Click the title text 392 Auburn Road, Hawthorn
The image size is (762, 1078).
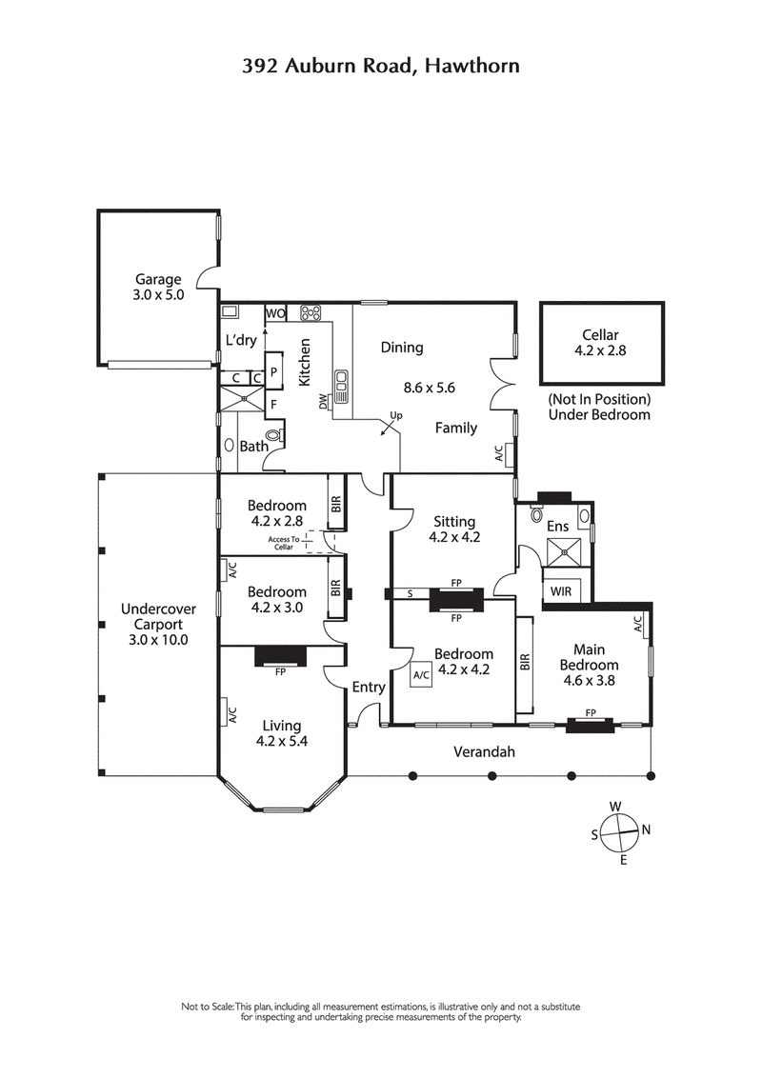point(380,65)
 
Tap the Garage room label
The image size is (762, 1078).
point(158,279)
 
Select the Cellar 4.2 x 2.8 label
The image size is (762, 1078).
point(600,342)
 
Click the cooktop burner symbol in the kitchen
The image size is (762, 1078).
point(311,312)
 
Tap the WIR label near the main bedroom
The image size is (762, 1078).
point(561,590)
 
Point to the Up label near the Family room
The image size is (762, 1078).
point(397,416)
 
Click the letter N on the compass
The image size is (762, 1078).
point(646,829)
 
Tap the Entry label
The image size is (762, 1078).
point(369,687)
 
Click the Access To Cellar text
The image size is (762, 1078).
point(284,543)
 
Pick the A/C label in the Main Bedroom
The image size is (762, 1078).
point(637,624)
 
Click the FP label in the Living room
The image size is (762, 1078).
point(280,670)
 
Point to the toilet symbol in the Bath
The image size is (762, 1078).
point(275,435)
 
